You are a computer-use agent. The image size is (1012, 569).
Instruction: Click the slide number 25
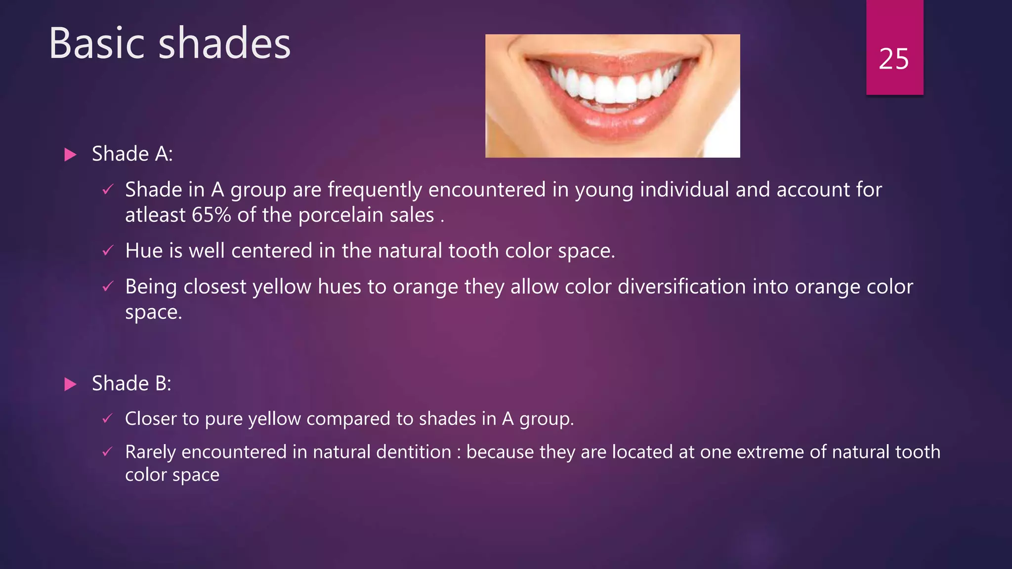[893, 59]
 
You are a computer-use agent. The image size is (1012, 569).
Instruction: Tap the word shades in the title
[224, 43]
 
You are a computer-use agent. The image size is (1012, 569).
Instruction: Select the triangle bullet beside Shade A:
[71, 155]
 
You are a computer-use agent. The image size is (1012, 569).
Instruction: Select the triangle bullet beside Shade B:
[71, 384]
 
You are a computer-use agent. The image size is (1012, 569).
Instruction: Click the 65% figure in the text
[211, 215]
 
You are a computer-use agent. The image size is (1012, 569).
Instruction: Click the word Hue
[143, 251]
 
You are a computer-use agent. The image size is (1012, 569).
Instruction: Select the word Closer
[151, 419]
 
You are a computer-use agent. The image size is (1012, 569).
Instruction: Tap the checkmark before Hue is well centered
[108, 251]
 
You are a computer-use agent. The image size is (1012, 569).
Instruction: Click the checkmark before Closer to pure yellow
[108, 419]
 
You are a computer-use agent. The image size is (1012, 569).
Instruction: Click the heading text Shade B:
[131, 384]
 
